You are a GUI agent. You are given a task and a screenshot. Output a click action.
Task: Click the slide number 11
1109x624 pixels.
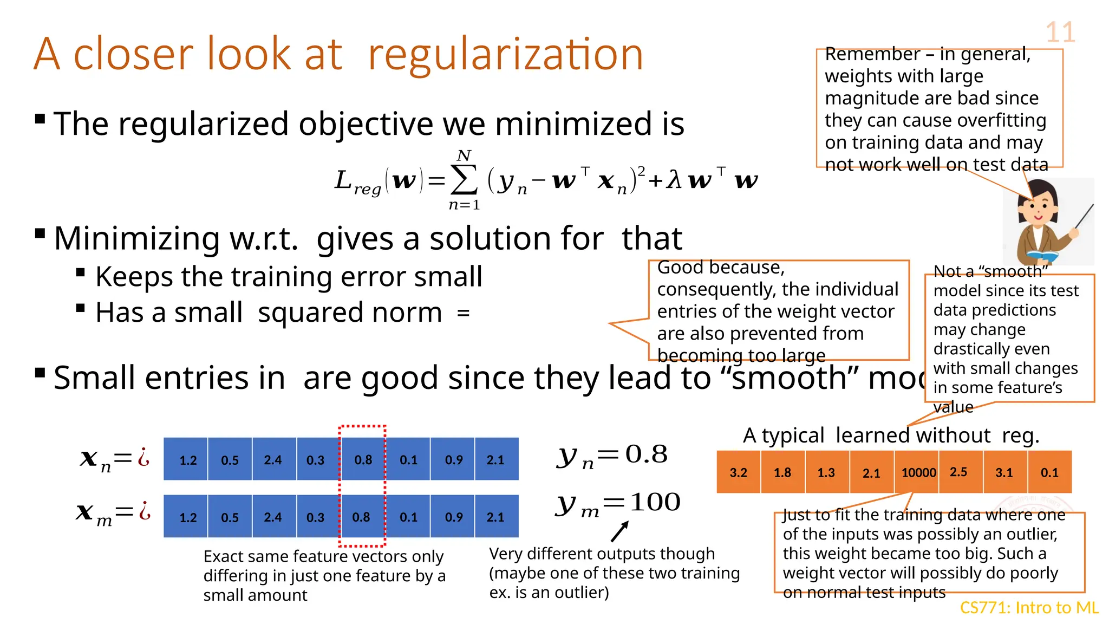tap(1060, 32)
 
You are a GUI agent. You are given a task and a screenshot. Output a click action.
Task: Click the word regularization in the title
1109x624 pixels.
tap(505, 54)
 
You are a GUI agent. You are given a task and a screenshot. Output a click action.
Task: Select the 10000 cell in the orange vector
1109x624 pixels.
tap(918, 472)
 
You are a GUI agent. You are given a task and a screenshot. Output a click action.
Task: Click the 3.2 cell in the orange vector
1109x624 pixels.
tap(738, 472)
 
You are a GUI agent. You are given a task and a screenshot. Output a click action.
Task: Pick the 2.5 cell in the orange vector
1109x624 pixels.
tap(958, 472)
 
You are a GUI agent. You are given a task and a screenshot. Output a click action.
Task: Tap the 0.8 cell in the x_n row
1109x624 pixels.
tap(363, 460)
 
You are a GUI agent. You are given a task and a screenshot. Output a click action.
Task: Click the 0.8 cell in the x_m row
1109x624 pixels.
tap(361, 517)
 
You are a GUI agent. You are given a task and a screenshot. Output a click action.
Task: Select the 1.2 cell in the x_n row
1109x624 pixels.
tap(188, 460)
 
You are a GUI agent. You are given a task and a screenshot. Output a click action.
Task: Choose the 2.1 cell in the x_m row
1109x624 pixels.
tap(495, 517)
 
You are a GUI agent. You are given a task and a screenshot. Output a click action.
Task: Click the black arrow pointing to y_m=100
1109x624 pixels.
tap(619, 532)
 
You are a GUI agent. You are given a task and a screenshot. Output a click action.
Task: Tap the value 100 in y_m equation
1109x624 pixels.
tap(655, 502)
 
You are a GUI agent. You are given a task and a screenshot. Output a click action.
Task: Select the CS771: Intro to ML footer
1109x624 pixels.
tap(1029, 608)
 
